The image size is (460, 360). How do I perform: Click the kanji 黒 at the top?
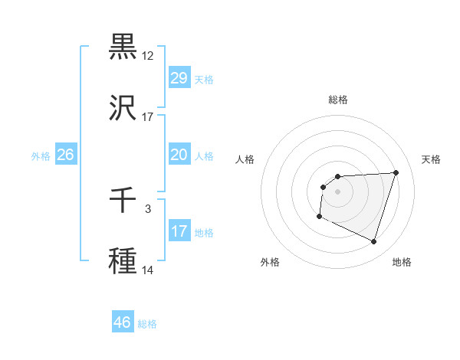[x=123, y=47]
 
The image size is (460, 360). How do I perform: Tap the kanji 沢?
[x=123, y=108]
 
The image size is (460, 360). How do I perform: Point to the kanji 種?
[x=123, y=261]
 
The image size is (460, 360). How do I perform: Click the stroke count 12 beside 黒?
[x=148, y=56]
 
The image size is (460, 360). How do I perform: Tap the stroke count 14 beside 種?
[x=148, y=270]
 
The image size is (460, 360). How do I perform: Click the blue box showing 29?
[x=179, y=77]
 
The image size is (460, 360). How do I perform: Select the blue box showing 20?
[x=179, y=155]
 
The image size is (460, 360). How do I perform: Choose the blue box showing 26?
[x=65, y=155]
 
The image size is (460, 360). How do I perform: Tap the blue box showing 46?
[x=123, y=322]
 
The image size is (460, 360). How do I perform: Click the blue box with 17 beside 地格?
[x=179, y=231]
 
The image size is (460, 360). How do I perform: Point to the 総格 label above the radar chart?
[x=338, y=100]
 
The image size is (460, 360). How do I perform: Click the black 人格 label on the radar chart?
[x=245, y=159]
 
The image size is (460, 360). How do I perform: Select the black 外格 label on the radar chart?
[x=270, y=263]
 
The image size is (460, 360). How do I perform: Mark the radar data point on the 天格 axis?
[x=396, y=172]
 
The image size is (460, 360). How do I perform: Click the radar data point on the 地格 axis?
[x=373, y=242]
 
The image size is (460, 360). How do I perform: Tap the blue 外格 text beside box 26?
[x=41, y=156]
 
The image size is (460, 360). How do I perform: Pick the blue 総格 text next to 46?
[x=147, y=324]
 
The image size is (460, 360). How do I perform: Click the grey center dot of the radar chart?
[x=338, y=191]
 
